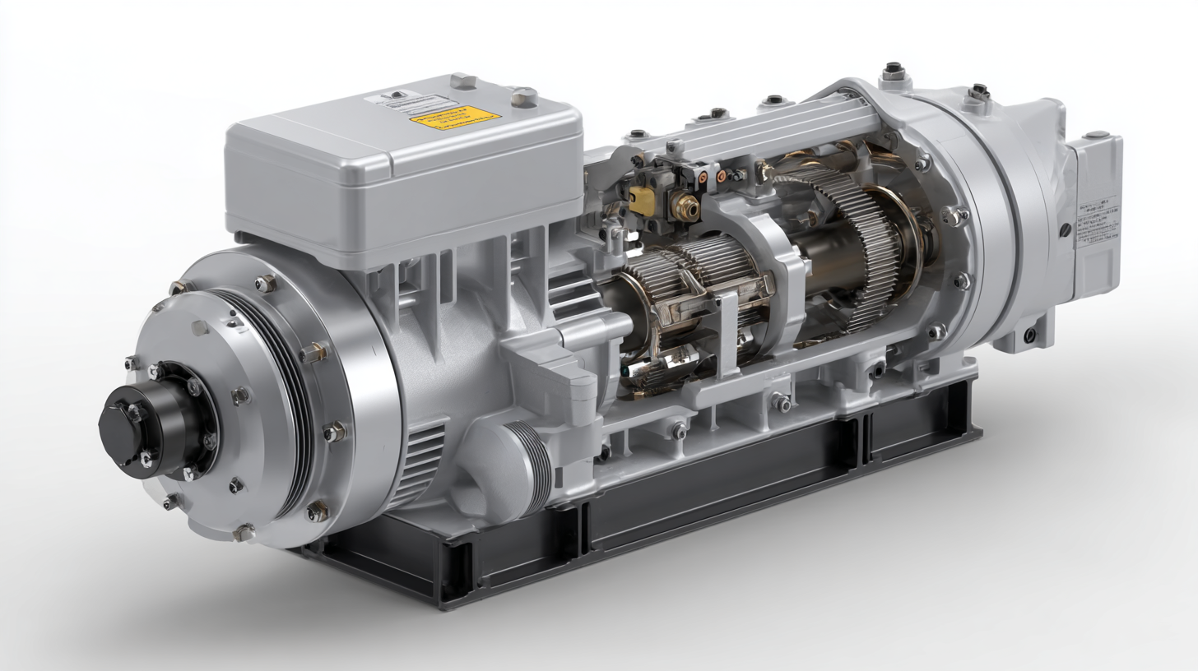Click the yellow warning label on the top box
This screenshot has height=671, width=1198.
[455, 118]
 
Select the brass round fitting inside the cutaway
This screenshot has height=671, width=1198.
[684, 206]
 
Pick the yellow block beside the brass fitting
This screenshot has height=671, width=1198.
[642, 200]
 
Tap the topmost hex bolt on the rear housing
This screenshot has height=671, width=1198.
[892, 73]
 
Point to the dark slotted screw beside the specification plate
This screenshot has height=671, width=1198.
[1066, 231]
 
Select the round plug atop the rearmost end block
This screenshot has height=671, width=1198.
[1096, 134]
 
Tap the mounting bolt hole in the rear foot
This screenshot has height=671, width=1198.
[1029, 335]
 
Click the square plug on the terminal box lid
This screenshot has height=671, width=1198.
[463, 81]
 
